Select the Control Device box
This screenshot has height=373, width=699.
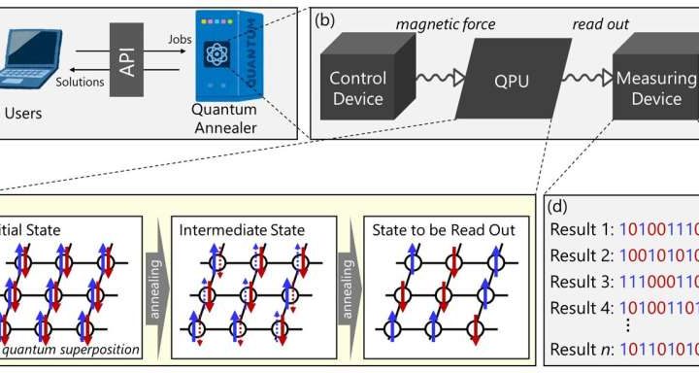coord(357,87)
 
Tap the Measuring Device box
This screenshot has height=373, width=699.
coord(656,87)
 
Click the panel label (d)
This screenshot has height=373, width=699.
coord(559,206)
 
